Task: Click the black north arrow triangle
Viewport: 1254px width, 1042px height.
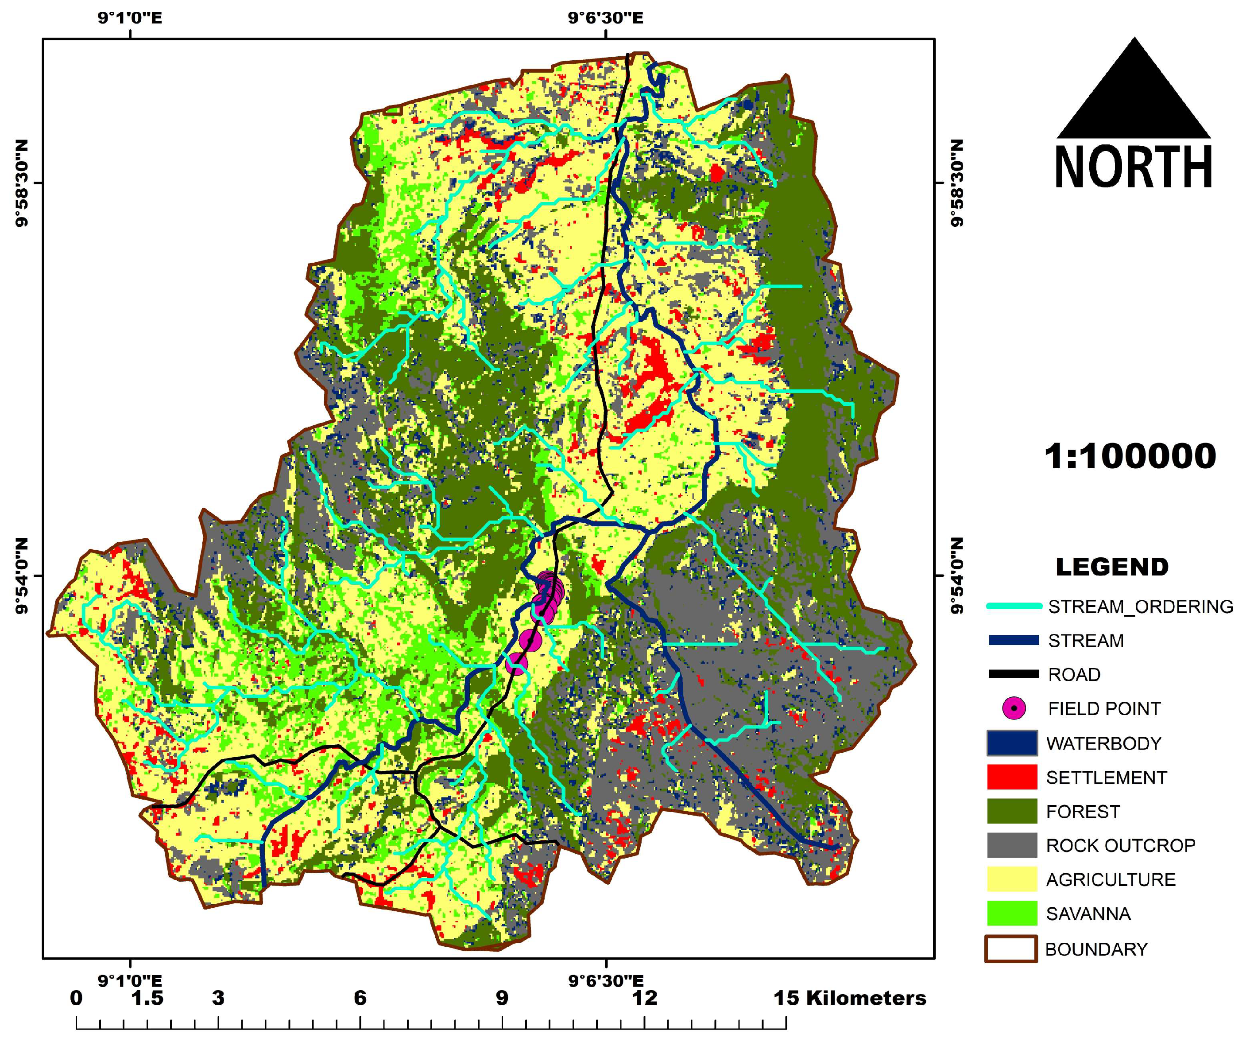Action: pos(1134,99)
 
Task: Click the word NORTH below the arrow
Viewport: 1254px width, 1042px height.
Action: pos(1134,167)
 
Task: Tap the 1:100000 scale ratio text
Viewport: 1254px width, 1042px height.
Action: pos(1130,457)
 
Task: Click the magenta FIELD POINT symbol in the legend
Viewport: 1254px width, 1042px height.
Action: pos(1014,708)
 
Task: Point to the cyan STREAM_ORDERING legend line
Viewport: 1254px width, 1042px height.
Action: pos(1014,607)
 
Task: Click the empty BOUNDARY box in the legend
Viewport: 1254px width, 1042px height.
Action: pos(1010,949)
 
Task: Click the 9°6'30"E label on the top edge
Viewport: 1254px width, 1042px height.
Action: pos(605,18)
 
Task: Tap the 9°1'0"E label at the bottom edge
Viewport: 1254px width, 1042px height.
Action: pos(130,981)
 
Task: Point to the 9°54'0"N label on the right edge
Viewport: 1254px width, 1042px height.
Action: pos(957,576)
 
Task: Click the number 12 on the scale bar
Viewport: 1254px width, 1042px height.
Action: pos(645,998)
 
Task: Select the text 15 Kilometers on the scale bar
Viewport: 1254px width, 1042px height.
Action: pos(849,998)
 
